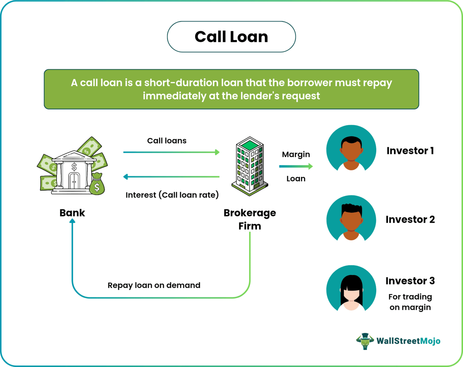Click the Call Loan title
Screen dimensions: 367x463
(x=231, y=37)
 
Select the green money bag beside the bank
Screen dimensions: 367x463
(x=97, y=184)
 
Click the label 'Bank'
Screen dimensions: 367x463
(x=72, y=213)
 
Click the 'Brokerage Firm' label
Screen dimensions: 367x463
(x=250, y=219)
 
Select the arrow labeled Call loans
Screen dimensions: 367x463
(x=171, y=152)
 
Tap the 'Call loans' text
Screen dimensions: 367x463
(x=167, y=141)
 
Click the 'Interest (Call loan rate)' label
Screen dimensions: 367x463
(x=172, y=195)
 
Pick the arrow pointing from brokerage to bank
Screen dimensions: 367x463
(x=171, y=177)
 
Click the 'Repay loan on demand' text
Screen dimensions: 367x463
(x=154, y=285)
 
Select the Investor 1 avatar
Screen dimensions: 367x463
(x=351, y=150)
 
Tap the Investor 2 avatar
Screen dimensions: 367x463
(x=351, y=219)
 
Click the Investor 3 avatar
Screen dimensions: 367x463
(x=351, y=289)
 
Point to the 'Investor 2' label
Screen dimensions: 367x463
(x=410, y=219)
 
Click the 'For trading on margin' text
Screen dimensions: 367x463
(x=410, y=302)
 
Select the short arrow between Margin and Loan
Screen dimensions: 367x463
(x=296, y=166)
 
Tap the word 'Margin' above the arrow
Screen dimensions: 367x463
(x=296, y=154)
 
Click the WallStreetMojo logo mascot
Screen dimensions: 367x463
(x=365, y=341)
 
